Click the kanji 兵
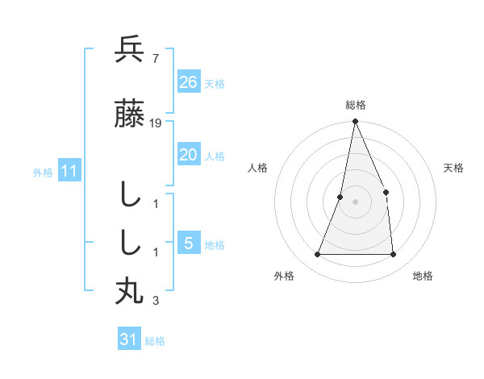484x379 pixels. coord(130,49)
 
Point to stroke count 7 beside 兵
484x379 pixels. coord(155,57)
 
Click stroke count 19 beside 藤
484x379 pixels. coord(156,123)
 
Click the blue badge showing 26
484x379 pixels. coord(188,81)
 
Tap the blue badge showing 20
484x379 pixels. coord(188,155)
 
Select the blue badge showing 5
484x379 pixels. coord(188,244)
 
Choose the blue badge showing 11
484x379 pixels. coord(69,171)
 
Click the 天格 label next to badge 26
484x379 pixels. coord(215,83)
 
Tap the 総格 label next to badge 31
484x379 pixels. coord(155,341)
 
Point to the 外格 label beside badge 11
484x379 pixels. coord(43,173)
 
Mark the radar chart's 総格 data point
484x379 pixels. coord(355,122)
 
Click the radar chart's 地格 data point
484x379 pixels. coord(394,255)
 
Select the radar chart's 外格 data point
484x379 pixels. coord(317,255)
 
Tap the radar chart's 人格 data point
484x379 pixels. coord(340,197)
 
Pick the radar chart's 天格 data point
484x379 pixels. coord(386,192)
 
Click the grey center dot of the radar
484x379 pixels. coord(355,202)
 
